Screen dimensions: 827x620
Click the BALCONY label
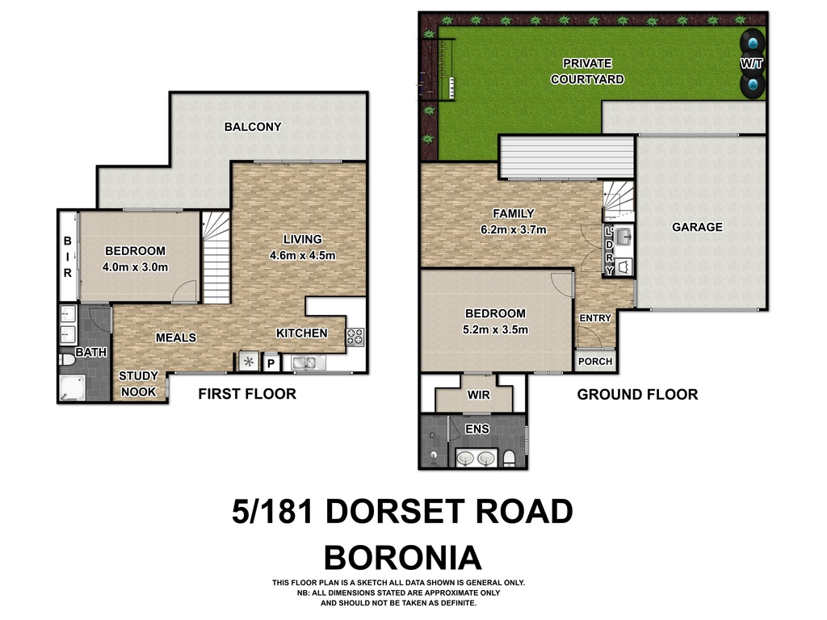click(x=253, y=127)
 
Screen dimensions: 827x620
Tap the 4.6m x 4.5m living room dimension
click(x=302, y=255)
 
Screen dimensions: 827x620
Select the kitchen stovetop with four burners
click(x=355, y=337)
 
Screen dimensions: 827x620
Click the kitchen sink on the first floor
click(x=304, y=362)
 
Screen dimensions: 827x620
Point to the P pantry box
click(x=271, y=363)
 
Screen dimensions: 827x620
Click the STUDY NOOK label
click(x=138, y=383)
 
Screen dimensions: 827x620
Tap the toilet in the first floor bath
click(x=67, y=359)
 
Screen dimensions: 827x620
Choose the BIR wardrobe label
click(x=68, y=257)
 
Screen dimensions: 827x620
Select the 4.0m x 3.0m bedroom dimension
click(x=135, y=266)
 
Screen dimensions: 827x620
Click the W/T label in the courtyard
click(x=752, y=64)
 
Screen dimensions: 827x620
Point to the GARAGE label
click(x=697, y=227)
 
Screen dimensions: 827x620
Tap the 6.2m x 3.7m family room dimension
click(x=513, y=229)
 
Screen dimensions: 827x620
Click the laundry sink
click(x=624, y=237)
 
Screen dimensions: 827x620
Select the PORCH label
click(x=595, y=361)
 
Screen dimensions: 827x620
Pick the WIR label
click(x=478, y=395)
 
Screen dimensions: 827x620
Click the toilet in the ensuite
click(x=509, y=459)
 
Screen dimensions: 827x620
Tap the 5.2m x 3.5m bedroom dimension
click(x=495, y=329)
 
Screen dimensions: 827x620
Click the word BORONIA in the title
click(x=402, y=558)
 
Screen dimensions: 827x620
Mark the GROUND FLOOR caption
click(x=637, y=394)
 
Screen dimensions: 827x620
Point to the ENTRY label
click(x=595, y=318)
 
